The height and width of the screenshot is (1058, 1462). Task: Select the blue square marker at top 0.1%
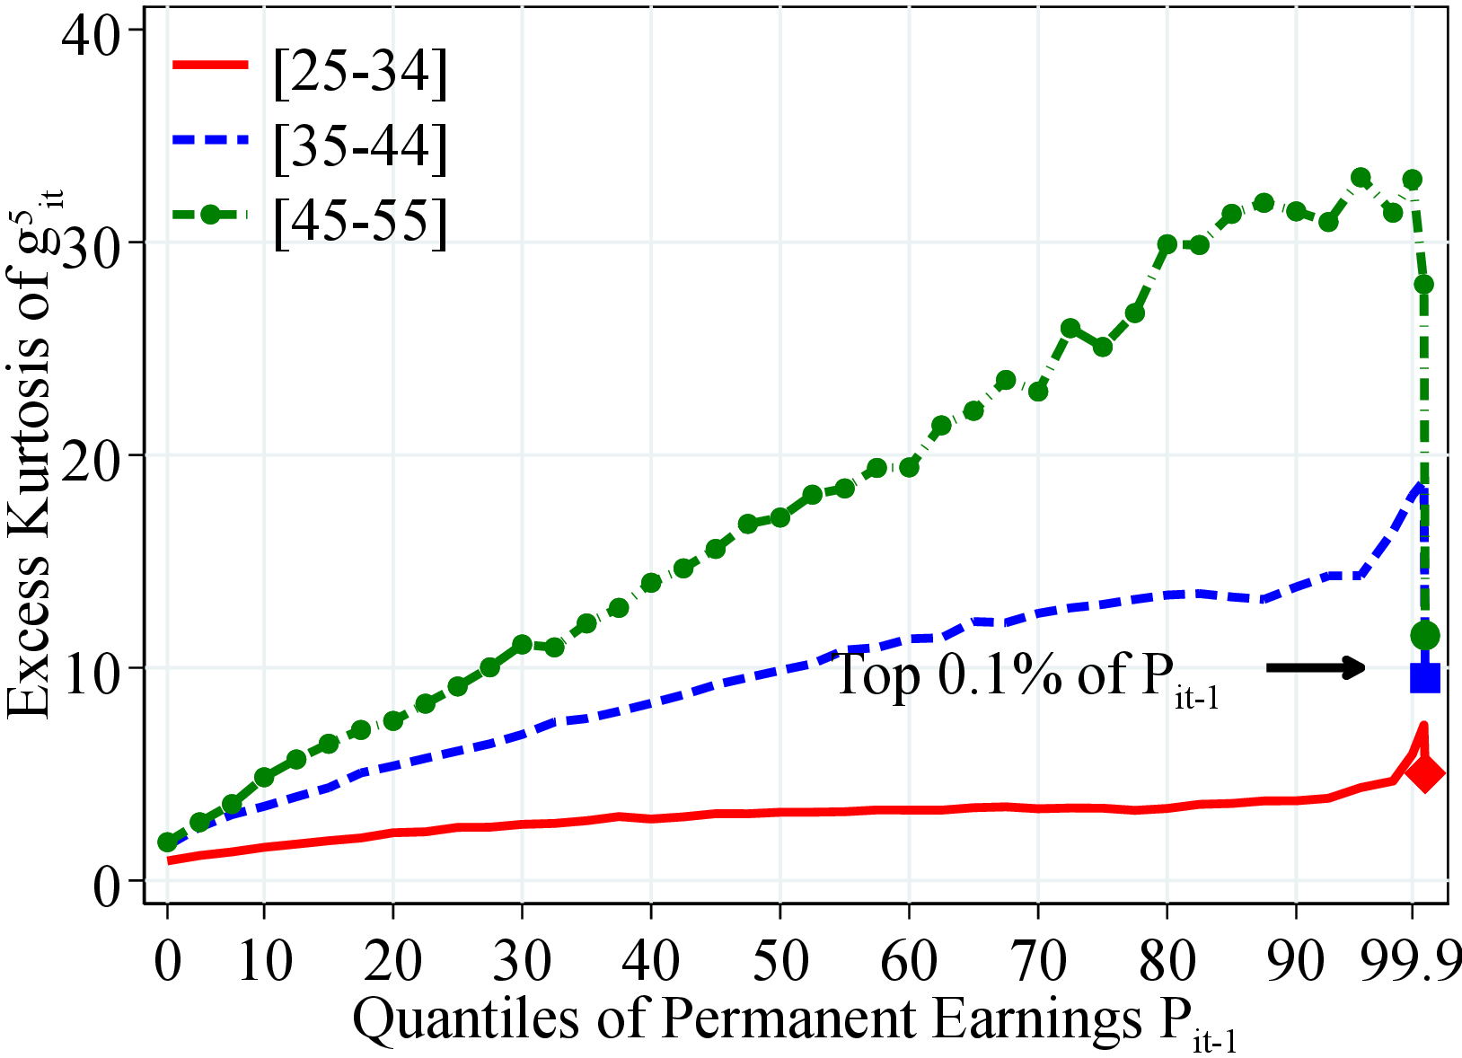click(1425, 677)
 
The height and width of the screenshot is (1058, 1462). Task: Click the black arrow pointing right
click(1316, 667)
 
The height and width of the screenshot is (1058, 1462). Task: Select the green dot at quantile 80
click(1167, 244)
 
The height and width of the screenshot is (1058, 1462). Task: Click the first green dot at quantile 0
click(167, 842)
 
